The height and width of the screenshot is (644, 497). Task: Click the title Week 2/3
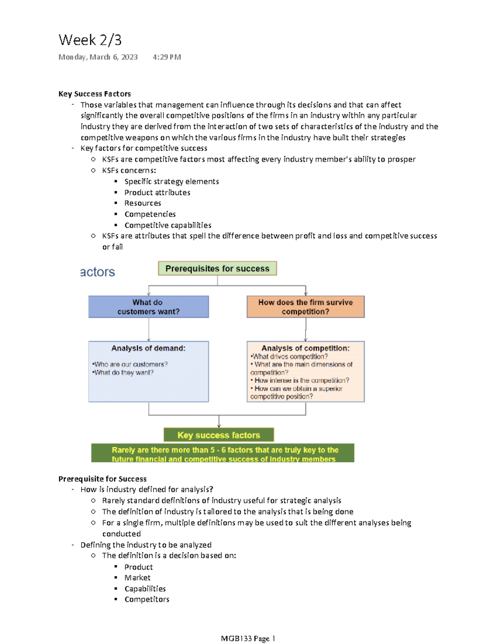coord(90,40)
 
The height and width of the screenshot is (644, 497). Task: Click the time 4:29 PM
coord(166,57)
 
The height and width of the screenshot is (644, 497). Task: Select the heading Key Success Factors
coord(94,94)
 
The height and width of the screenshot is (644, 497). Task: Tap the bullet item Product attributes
coord(157,192)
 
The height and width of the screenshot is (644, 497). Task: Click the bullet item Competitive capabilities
coord(168,225)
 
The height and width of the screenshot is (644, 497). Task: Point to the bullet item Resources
coord(142,203)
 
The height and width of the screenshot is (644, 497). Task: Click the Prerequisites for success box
coord(217,269)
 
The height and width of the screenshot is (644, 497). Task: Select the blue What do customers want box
coord(148,307)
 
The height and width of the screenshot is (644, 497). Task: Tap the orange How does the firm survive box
coord(305,307)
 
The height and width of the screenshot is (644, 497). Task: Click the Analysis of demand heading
coord(148,348)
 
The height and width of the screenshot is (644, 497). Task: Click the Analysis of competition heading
coord(305,348)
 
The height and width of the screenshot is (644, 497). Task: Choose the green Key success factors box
coord(219,435)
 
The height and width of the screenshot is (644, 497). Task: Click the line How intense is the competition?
coord(302,380)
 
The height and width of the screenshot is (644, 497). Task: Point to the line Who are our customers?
coord(130,364)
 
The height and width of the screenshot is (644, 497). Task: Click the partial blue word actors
coord(97,272)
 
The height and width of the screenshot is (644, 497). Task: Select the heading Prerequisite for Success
coord(102,479)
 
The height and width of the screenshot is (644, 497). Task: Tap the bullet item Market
coord(137,578)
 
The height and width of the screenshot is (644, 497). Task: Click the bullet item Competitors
coord(147,599)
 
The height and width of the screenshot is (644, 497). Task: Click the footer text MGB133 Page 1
coord(248,638)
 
